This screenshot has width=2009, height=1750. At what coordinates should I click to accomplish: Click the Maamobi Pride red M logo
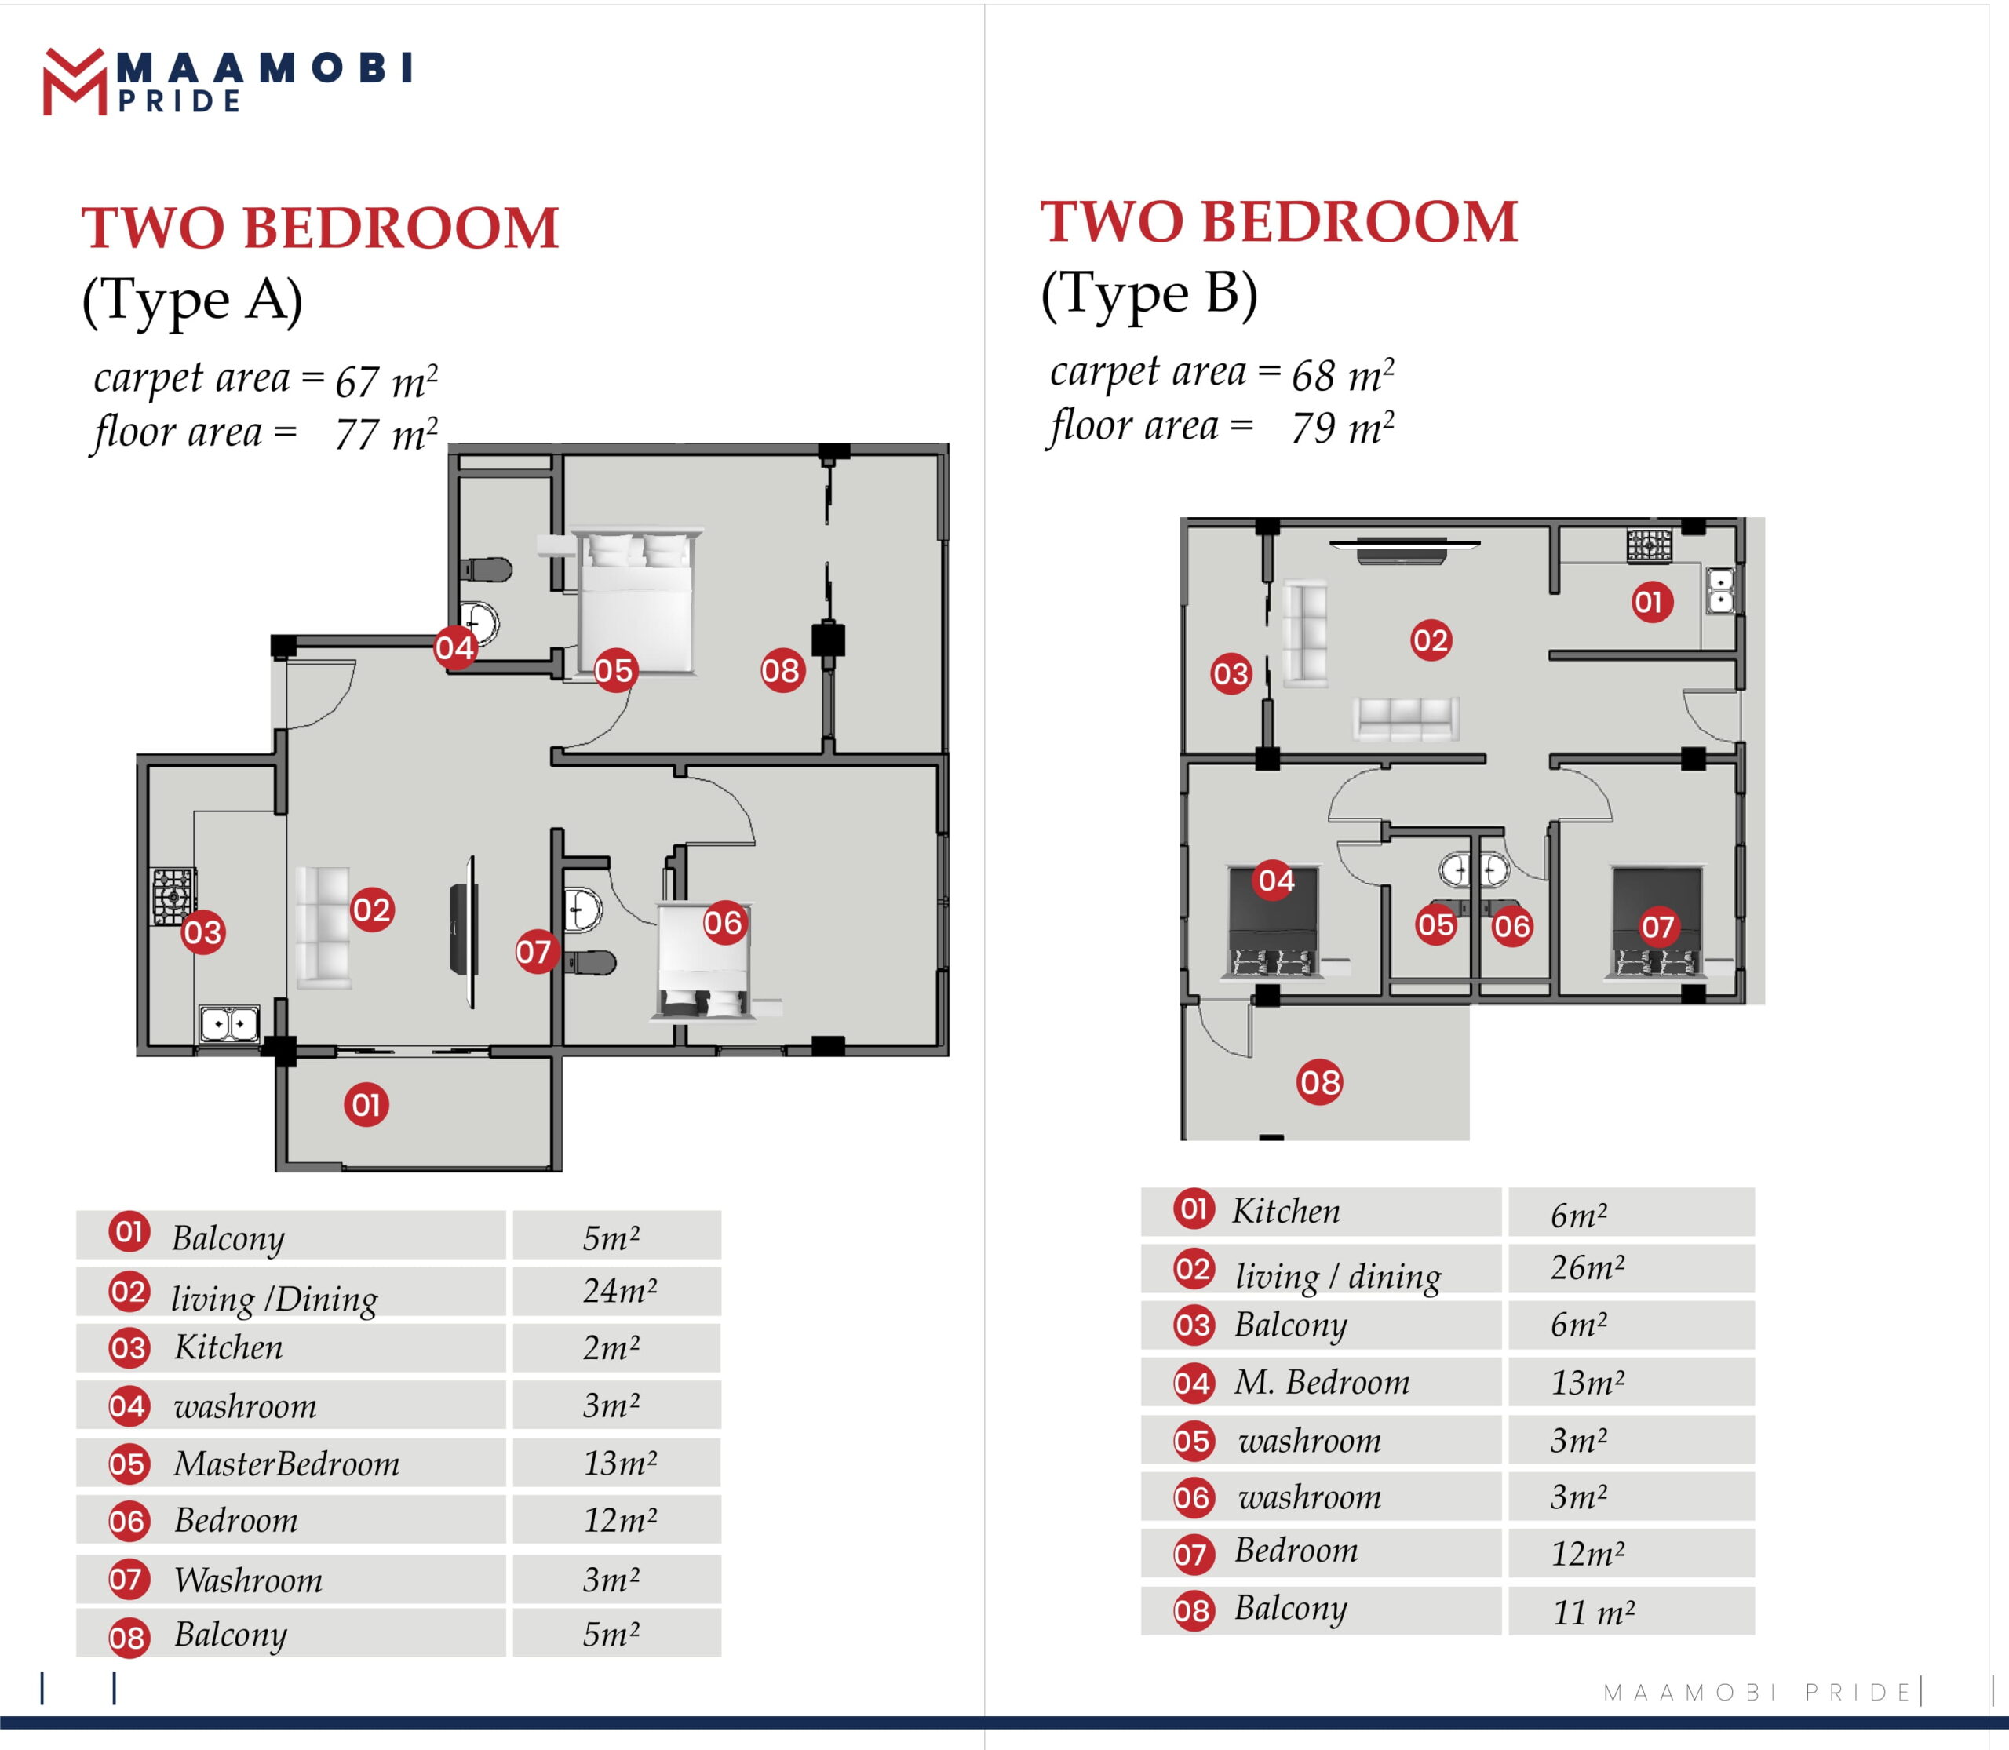(x=75, y=82)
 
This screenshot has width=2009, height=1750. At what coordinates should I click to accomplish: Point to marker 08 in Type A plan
(x=782, y=670)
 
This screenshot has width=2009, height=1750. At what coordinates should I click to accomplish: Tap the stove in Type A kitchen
(x=173, y=895)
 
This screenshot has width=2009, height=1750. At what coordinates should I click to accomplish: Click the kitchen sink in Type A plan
(x=229, y=1023)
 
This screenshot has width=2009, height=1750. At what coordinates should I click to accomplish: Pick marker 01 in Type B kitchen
(x=1653, y=602)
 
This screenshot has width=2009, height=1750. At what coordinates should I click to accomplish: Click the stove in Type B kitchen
(x=1650, y=545)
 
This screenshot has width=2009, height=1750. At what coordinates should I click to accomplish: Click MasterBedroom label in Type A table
(x=287, y=1463)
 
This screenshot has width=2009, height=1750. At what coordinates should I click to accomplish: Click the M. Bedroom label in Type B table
(x=1322, y=1382)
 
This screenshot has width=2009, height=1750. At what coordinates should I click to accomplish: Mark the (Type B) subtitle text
(x=1150, y=294)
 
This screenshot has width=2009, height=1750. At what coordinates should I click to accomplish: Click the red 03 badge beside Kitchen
(x=129, y=1349)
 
